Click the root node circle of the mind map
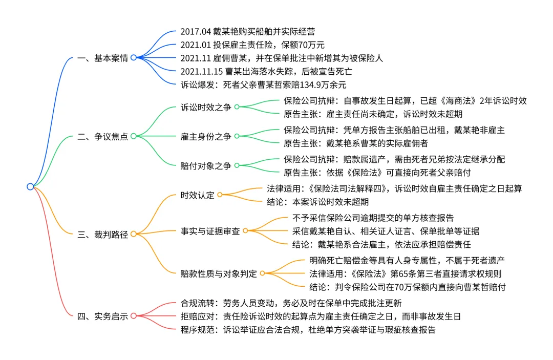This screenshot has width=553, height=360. pos(30,186)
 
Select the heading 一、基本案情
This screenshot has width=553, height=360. pos(102,58)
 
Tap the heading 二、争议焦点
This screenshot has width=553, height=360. pos(102,136)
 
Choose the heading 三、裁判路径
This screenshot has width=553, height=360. pos(102,234)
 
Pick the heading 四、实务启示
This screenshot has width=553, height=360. pos(102,316)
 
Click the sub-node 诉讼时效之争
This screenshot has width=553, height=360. pos(206,107)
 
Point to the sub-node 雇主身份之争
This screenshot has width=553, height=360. pos(206,136)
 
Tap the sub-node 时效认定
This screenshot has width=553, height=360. pos(198,195)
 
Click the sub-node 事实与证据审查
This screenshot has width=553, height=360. pos(210,231)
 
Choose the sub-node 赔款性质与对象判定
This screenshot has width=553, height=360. pos(218,273)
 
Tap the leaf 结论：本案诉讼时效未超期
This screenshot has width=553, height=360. pos(317,201)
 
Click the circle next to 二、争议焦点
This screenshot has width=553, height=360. pos(133,136)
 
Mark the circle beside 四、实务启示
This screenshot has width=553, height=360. pos(133,316)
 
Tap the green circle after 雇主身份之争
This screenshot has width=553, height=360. pos(237,136)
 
